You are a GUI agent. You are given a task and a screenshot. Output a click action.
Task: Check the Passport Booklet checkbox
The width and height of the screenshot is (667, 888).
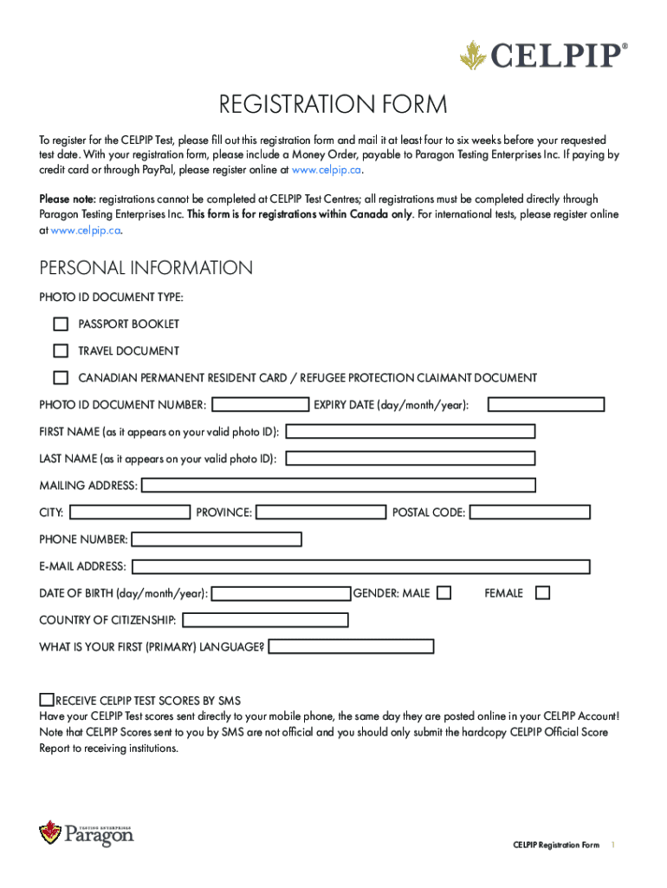coord(61,324)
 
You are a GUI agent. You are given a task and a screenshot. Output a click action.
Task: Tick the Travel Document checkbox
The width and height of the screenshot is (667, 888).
coord(61,351)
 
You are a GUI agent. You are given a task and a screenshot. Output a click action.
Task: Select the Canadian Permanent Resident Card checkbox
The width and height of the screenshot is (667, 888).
coord(61,378)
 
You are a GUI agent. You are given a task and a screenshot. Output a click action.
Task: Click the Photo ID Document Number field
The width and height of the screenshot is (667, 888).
coord(261,404)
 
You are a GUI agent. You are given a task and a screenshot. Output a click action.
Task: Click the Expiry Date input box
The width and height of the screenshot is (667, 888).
coord(546,404)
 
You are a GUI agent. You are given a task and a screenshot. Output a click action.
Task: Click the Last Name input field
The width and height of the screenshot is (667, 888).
coord(410,459)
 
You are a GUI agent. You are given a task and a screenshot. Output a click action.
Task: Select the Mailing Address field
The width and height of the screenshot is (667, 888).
coord(338,486)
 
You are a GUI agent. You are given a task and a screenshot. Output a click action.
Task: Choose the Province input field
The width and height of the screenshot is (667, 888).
coord(321,513)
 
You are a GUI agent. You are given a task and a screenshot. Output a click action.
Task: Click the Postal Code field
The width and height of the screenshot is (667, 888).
coord(529,513)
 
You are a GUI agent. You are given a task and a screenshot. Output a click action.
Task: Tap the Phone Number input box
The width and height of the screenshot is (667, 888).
coord(216,539)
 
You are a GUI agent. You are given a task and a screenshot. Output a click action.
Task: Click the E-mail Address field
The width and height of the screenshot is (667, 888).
coord(360,566)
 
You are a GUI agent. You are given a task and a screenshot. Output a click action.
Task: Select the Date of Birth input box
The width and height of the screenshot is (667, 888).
coord(282,594)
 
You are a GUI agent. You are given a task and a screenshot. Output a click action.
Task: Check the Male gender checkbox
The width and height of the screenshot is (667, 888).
coord(444,594)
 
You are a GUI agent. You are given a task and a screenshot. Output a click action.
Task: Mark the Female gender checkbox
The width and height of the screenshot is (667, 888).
coord(542,594)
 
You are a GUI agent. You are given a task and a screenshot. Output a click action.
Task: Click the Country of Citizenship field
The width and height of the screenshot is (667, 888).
coord(265,620)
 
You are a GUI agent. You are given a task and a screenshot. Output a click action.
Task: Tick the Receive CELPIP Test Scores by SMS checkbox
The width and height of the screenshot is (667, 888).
coord(47,700)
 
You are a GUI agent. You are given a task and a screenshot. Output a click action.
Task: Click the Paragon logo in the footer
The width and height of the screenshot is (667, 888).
coord(87,833)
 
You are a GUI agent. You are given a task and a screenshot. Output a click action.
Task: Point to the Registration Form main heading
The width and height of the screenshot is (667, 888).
coord(333,106)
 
